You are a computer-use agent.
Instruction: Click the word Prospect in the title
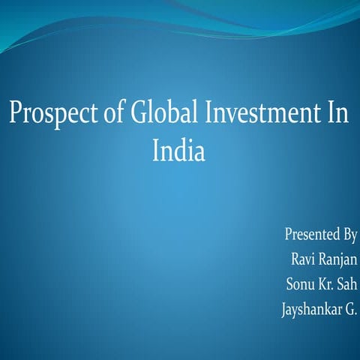tap(49, 115)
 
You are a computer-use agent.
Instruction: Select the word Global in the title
tap(157, 114)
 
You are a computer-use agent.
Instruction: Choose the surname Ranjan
tap(338, 261)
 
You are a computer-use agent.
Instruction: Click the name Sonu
tap(301, 284)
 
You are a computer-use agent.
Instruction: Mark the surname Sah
tap(347, 284)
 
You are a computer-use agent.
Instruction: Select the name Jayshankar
tap(308, 310)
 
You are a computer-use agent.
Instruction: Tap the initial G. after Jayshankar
tap(350, 309)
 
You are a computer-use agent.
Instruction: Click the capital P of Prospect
tap(14, 114)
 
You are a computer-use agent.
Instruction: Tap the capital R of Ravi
tap(294, 259)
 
